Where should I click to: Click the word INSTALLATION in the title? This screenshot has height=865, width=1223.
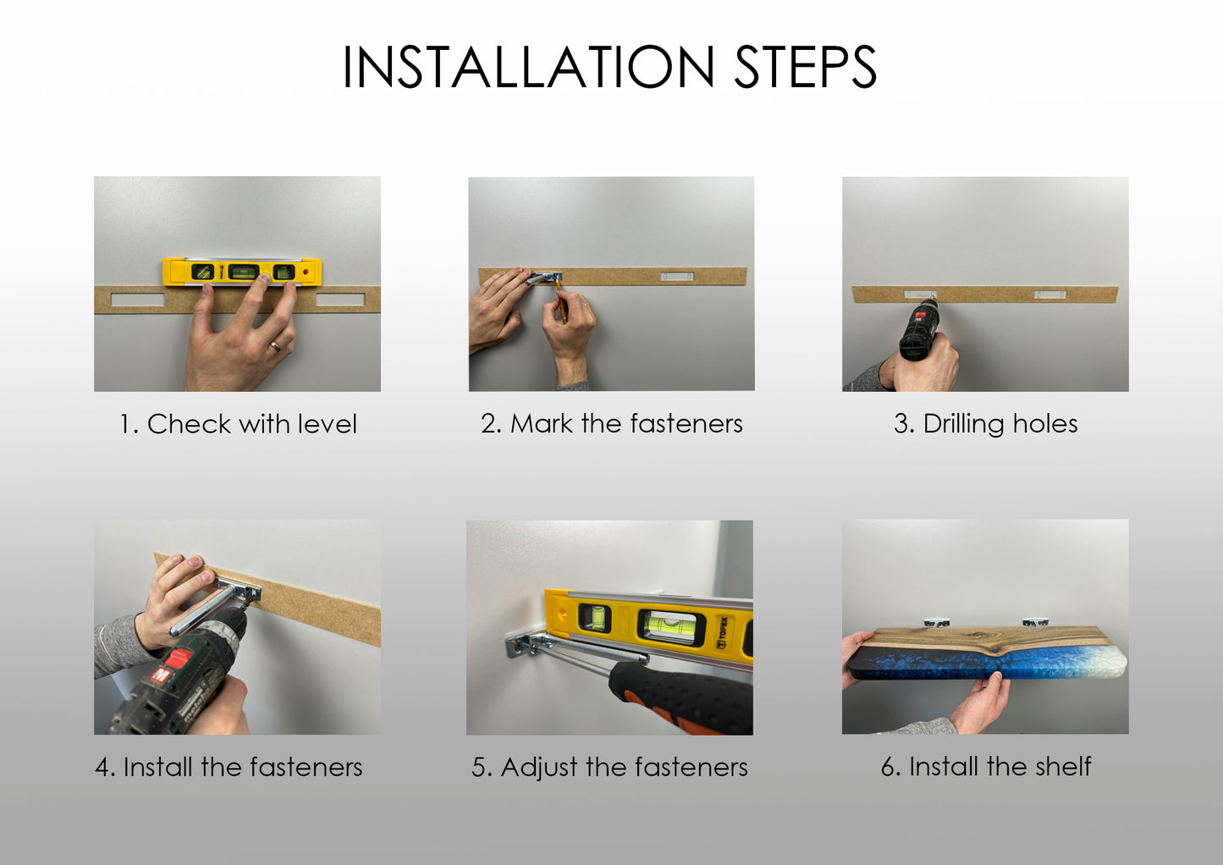528,67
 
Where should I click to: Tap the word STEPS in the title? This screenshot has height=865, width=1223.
806,67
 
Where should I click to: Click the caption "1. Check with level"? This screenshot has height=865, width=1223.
238,424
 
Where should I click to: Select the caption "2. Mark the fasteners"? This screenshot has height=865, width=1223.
611,424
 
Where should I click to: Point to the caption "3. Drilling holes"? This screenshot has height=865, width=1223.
985,424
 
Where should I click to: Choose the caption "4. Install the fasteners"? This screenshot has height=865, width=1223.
229,768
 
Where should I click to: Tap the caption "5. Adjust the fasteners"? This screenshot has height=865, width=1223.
609,768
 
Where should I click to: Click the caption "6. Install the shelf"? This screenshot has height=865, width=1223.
986,767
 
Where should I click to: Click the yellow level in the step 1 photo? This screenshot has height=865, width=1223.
242,272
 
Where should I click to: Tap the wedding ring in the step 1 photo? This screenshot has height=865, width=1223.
276,345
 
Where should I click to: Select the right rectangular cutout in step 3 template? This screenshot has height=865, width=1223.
1050,295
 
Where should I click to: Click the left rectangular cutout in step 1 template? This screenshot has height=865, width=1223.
138,300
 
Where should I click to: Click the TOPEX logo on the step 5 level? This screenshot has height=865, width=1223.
722,633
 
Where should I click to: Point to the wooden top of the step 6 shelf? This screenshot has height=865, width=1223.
983,638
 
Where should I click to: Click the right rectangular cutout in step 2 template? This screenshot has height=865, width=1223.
678,277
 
